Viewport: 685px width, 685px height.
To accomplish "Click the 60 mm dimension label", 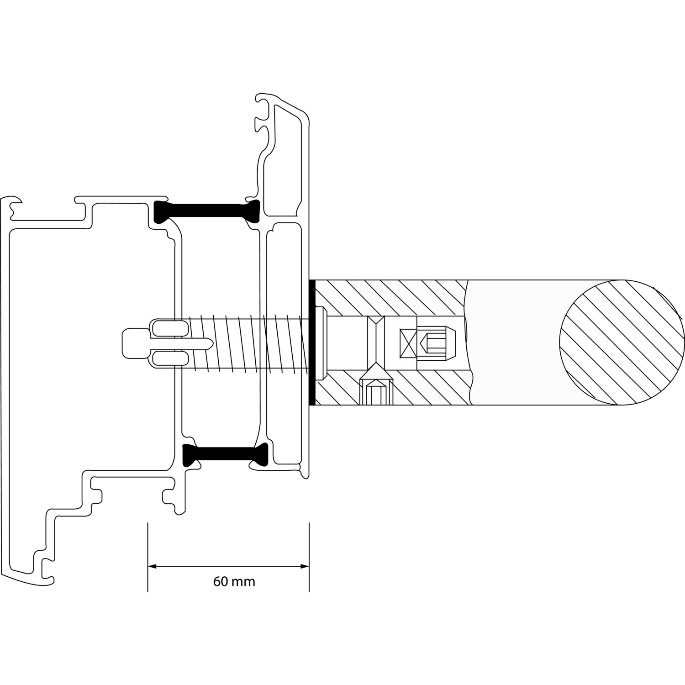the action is pos(234,582).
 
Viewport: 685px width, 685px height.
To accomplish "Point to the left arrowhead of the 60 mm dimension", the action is pos(152,567).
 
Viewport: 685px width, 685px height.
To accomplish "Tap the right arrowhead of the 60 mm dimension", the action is pos(305,567).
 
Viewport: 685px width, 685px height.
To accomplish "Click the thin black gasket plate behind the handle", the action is pos(312,342).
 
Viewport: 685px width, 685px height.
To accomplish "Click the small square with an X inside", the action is pos(408,342).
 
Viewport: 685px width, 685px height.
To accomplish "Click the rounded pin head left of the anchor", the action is pos(135,342).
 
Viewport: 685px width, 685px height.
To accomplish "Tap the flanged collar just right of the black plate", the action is pos(321,342).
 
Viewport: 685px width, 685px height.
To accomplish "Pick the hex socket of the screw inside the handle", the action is pos(436,342).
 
